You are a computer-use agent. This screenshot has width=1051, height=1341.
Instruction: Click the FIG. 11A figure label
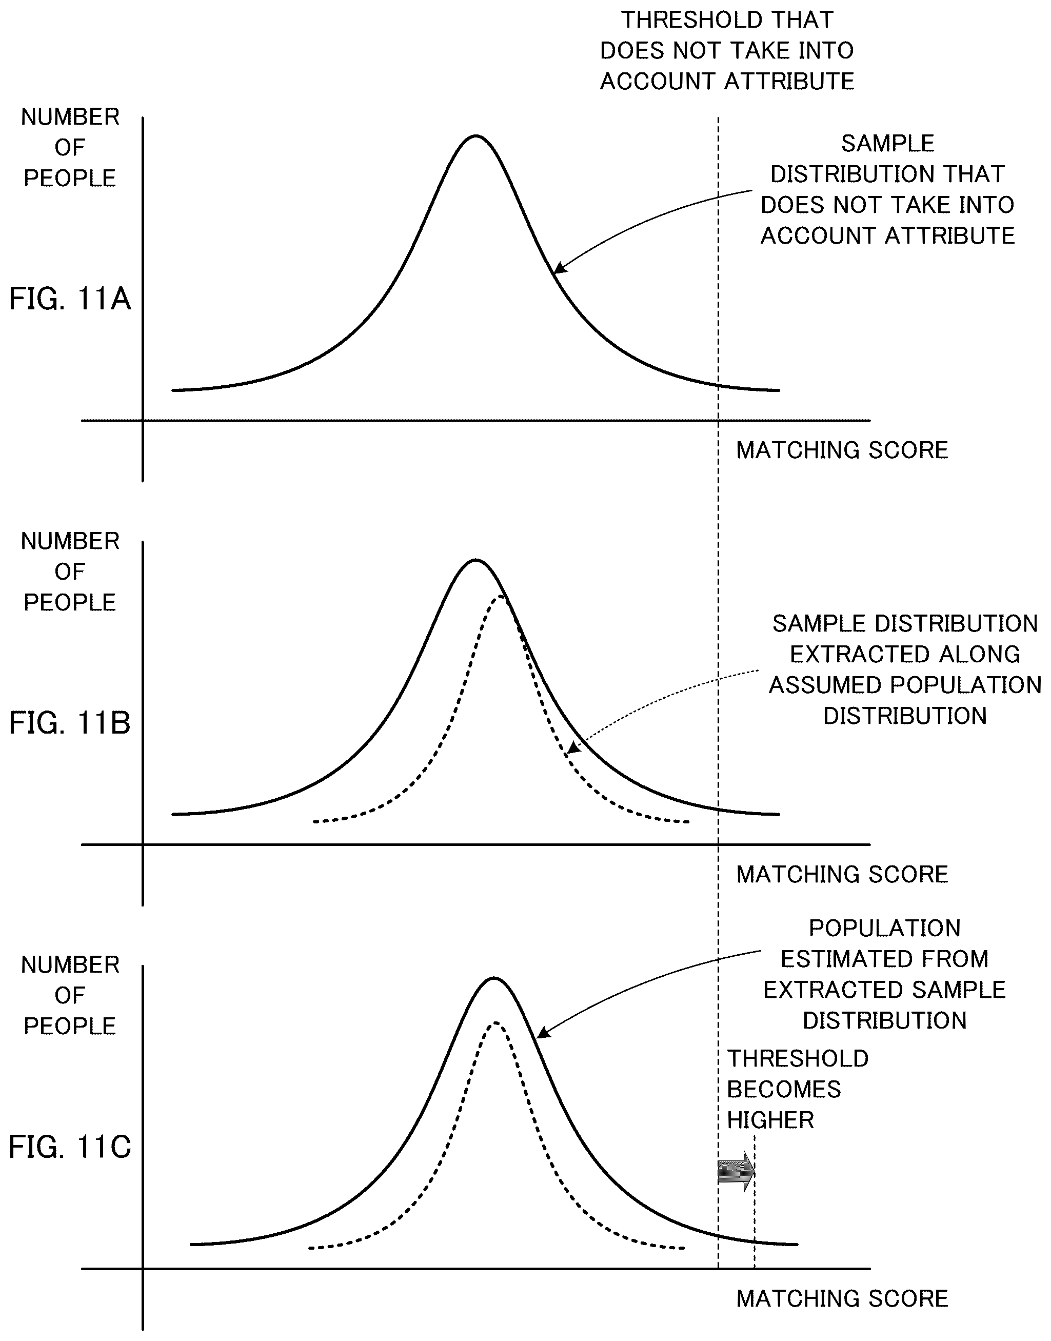point(70,299)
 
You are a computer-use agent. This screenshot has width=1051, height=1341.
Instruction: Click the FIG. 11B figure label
point(70,723)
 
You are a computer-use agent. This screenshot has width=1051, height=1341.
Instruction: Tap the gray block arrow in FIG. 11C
point(736,1171)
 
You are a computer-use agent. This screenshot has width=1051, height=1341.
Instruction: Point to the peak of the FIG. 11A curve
point(475,136)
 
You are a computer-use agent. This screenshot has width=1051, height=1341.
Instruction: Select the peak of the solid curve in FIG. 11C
point(493,978)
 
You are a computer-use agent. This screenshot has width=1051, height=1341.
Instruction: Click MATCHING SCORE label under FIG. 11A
point(842,450)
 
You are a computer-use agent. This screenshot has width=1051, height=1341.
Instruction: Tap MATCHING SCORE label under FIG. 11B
point(842,875)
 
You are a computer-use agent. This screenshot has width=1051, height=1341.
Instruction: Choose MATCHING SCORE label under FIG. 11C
point(842,1298)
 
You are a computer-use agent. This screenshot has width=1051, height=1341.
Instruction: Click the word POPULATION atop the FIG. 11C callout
point(885,928)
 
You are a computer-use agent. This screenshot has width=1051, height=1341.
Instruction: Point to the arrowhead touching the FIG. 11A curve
point(559,268)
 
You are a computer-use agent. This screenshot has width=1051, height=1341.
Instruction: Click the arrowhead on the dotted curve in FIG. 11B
point(572,748)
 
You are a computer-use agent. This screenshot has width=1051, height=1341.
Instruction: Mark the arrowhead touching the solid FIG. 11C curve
point(542,1035)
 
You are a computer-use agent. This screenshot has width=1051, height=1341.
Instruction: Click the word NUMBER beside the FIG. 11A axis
point(70,117)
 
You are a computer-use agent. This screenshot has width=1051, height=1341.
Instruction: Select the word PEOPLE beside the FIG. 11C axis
point(70,1027)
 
